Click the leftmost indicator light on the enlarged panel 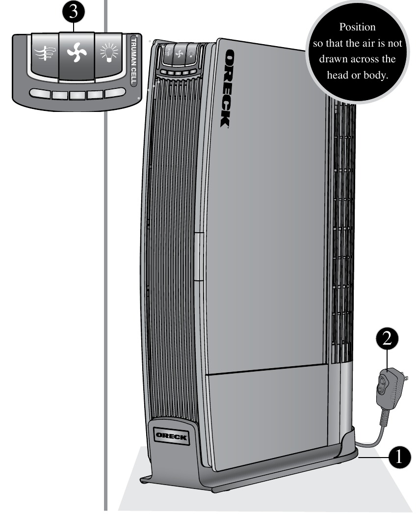(x=39, y=94)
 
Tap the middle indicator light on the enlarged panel (x=77, y=94)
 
